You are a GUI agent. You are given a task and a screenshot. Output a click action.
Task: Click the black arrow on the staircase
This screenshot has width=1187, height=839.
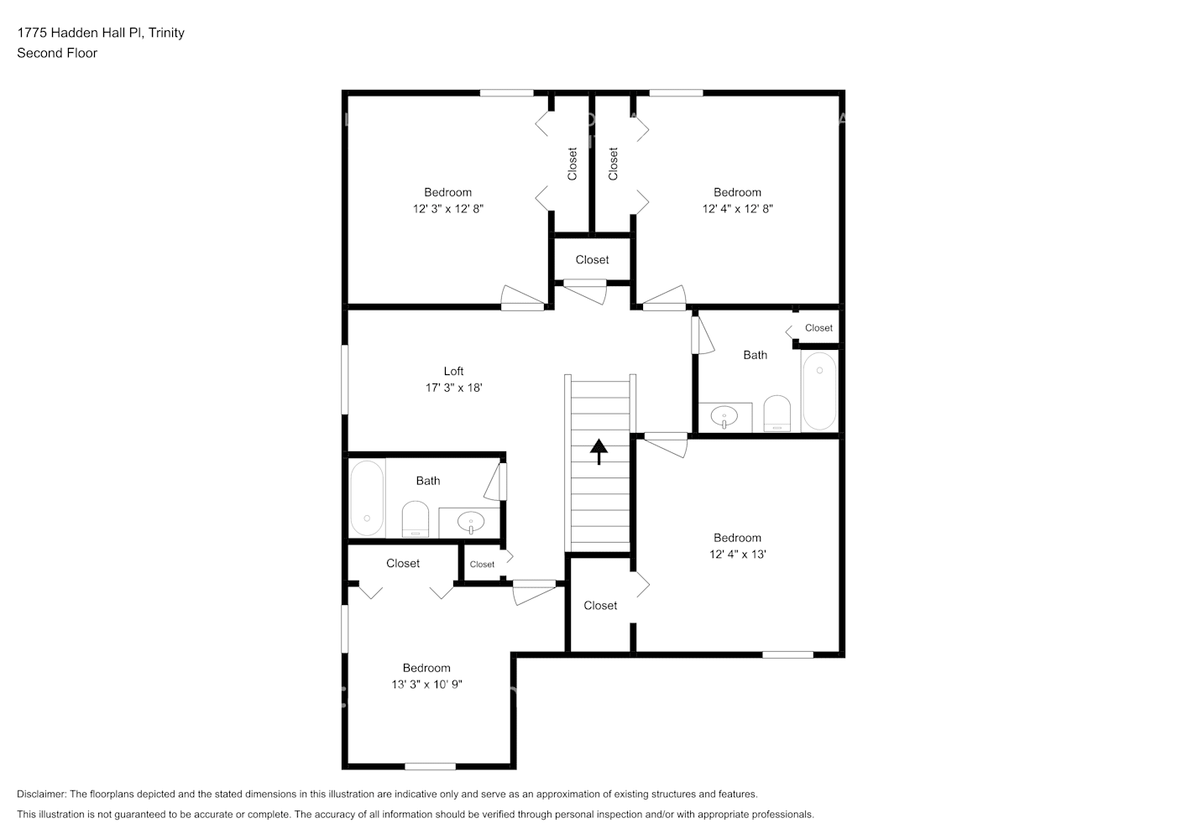[x=599, y=451]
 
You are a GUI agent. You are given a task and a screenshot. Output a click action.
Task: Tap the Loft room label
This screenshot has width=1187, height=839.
[x=453, y=371]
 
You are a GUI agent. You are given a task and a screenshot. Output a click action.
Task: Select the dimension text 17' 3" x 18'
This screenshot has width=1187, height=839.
[x=453, y=388]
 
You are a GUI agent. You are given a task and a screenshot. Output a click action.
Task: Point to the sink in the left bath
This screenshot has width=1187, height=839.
[x=471, y=523]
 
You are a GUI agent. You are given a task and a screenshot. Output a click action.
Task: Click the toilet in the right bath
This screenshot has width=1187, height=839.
[x=777, y=414]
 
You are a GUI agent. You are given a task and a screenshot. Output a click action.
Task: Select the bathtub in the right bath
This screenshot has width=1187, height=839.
[x=819, y=391]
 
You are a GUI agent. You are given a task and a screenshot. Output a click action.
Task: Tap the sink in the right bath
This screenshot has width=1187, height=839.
[x=724, y=415]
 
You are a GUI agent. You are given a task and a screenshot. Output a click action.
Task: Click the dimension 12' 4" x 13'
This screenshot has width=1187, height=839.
[x=737, y=554]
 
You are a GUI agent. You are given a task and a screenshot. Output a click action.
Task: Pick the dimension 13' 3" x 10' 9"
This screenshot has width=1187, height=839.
[x=426, y=685]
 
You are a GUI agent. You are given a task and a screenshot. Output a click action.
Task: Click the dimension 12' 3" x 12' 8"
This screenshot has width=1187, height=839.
[x=447, y=208]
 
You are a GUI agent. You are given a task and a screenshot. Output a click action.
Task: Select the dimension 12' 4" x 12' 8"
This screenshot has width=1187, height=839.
[x=737, y=208]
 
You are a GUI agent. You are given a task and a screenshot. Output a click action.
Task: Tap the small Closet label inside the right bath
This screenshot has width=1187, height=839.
[x=818, y=328]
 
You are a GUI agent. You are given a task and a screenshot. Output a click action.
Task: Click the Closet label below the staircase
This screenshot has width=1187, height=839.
[x=600, y=605]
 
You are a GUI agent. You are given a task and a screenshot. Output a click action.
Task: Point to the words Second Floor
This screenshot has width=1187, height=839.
[x=57, y=53]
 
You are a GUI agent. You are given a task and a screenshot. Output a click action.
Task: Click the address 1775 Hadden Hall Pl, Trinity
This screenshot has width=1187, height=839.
[x=101, y=33]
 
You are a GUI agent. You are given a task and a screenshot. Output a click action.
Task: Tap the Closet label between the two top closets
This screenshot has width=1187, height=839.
[x=592, y=259]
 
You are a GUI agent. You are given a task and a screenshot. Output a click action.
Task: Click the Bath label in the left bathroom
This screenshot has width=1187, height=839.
[x=427, y=481]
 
